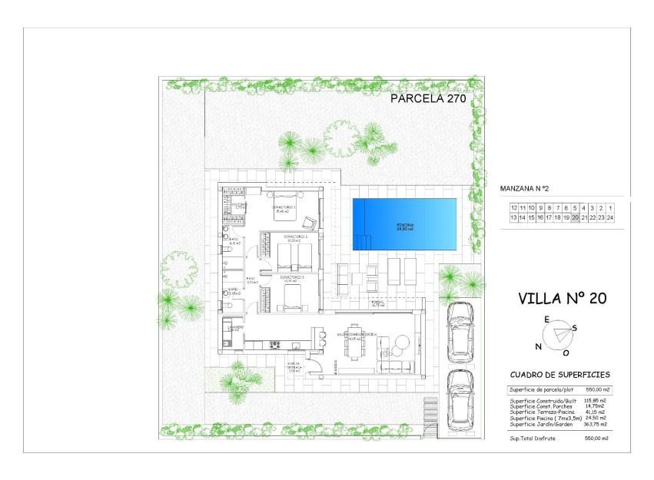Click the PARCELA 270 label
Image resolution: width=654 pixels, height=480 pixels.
428,98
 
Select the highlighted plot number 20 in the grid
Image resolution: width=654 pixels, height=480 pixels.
575,218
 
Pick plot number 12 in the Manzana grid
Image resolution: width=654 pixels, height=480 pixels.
514,208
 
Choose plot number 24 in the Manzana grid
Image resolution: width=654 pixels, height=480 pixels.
609,218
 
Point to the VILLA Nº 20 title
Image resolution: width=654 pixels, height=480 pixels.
563,299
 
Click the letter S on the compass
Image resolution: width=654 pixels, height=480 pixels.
574,328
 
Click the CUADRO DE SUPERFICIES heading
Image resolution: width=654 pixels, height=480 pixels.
560,376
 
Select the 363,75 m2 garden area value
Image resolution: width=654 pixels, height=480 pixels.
595,424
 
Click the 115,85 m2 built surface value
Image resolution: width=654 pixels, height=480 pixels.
595,401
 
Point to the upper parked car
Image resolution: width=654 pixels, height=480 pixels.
460,331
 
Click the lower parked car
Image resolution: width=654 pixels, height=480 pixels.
460,399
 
